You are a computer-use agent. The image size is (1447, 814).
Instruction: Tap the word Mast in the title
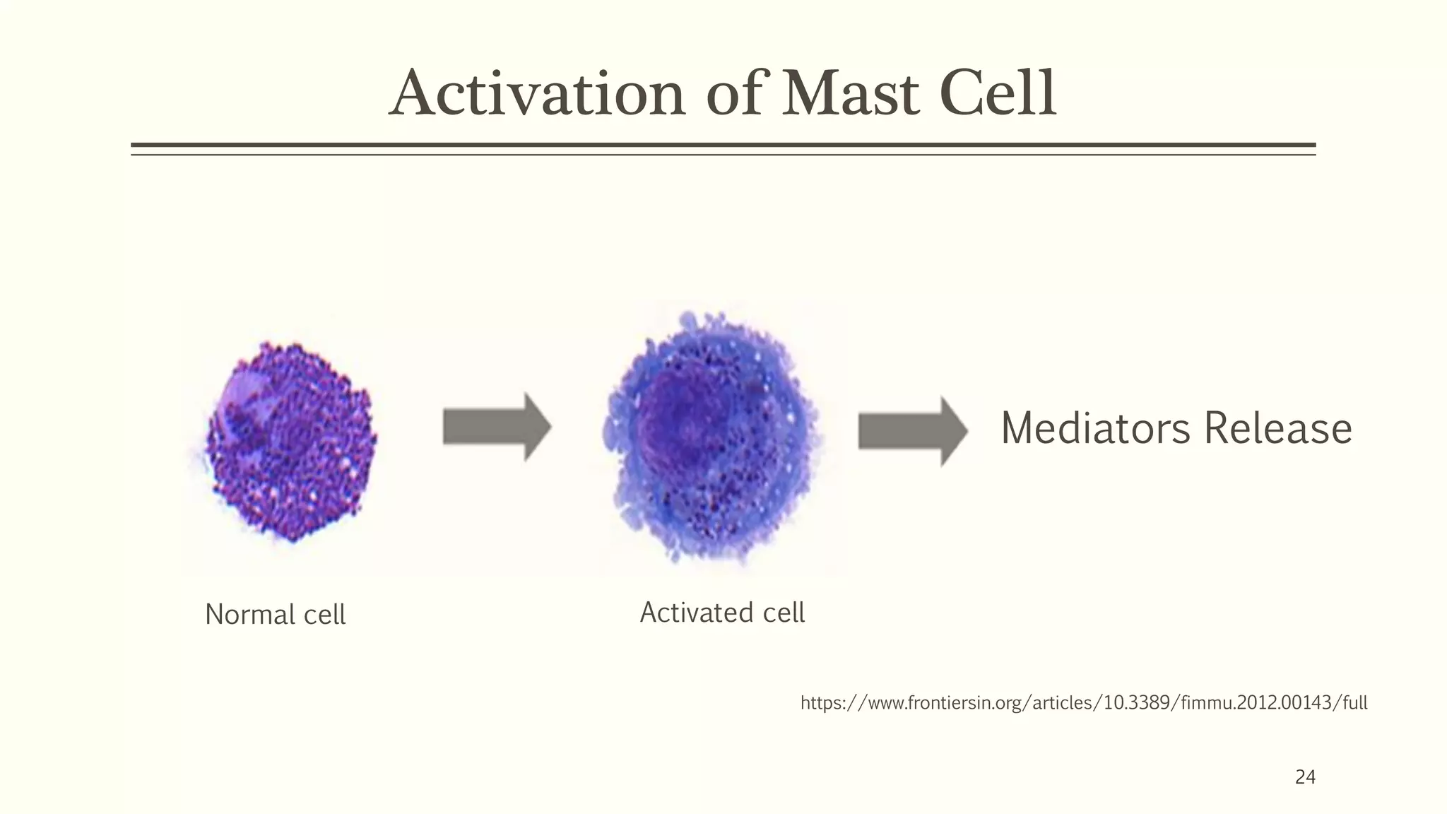point(851,94)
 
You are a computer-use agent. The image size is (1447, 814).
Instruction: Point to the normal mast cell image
point(290,442)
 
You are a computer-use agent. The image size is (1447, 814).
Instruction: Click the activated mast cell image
point(710,438)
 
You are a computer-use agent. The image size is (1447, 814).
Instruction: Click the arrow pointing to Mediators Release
point(912,431)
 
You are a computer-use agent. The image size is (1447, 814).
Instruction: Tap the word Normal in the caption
point(249,615)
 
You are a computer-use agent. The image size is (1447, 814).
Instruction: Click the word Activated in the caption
point(696,613)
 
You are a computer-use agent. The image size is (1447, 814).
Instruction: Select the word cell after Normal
point(324,615)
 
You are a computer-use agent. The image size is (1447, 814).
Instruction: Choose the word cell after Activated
point(784,613)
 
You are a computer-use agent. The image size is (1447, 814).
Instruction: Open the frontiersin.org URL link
point(1084,703)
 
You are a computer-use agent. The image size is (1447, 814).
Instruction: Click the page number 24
point(1305,777)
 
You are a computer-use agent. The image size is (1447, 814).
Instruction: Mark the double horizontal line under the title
point(723,148)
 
